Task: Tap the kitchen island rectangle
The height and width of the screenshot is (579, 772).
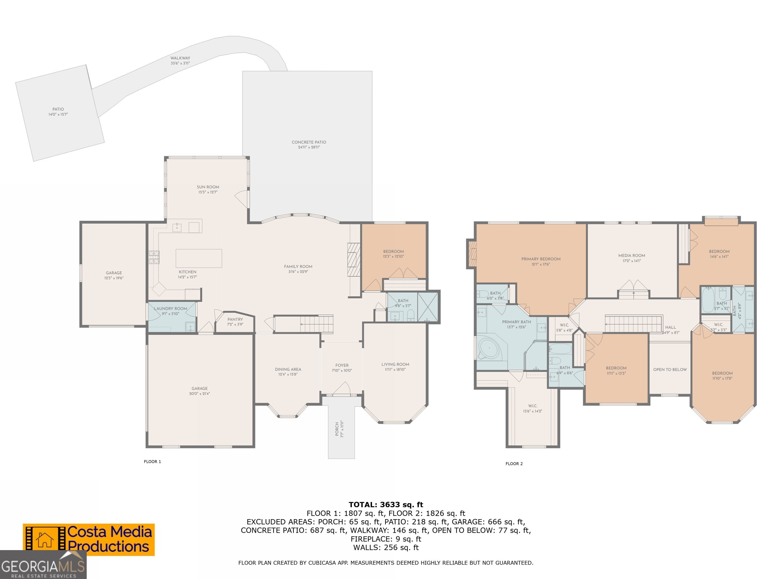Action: coord(199,258)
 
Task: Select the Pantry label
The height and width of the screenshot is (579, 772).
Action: coord(235,319)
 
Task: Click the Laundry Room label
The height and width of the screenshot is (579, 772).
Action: coord(170,309)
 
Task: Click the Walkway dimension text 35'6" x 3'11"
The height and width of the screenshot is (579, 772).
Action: coord(180,63)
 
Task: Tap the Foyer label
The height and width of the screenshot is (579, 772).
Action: coord(342,365)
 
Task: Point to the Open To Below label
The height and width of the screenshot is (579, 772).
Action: coord(670,369)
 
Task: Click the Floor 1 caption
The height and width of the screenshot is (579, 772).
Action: coord(152,461)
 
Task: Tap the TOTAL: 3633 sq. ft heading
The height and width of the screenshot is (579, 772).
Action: coord(386,504)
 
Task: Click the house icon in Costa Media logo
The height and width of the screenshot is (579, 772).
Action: coord(45,540)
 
